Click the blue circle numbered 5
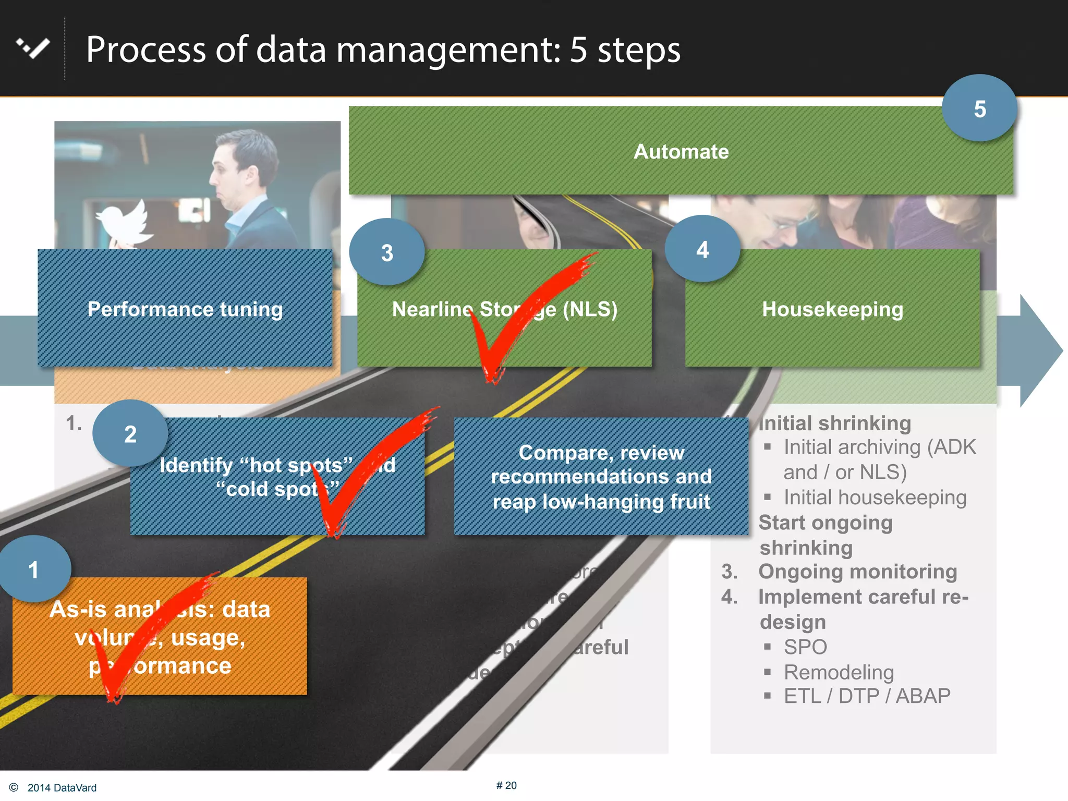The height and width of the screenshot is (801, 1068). click(979, 108)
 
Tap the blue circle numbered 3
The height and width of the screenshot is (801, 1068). click(387, 252)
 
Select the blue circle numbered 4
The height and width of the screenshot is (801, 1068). click(702, 249)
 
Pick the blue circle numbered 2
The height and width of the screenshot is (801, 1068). click(130, 433)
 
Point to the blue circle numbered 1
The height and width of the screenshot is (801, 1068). click(34, 569)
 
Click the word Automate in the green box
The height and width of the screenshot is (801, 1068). click(681, 152)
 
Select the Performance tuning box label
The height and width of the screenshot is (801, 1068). click(185, 309)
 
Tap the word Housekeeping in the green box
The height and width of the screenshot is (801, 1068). click(832, 309)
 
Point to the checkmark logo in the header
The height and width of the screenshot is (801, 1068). click(33, 48)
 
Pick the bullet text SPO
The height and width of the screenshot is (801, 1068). click(805, 647)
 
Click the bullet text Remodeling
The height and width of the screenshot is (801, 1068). click(839, 672)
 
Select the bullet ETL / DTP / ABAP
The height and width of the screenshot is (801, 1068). click(867, 696)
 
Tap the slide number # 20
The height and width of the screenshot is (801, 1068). click(506, 785)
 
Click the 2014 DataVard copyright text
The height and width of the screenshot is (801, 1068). click(62, 787)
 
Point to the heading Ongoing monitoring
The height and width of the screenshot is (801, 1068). click(857, 572)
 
